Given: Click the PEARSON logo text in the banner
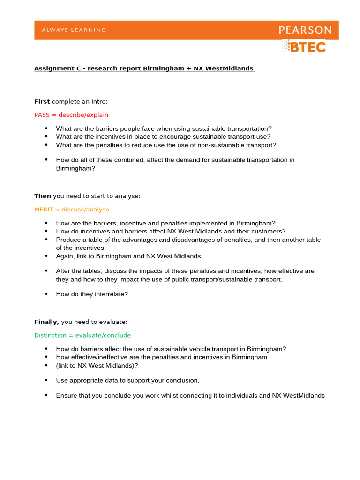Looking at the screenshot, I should [305, 30].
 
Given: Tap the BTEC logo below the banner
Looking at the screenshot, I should [304, 46].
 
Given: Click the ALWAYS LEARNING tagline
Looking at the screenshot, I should [74, 30].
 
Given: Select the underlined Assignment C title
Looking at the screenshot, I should [144, 68].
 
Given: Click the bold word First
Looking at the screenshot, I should [42, 101].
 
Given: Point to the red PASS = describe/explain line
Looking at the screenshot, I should [71, 114].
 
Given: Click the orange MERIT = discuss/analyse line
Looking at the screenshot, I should [72, 209].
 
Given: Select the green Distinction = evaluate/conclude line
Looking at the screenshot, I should [82, 335].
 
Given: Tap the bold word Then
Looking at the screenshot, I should [43, 196].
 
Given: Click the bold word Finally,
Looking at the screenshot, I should [47, 322].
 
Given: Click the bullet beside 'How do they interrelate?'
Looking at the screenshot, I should [46, 294].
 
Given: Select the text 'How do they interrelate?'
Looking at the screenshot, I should [92, 294].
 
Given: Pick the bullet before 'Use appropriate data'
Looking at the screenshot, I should [46, 380].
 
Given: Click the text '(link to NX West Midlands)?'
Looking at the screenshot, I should [97, 365].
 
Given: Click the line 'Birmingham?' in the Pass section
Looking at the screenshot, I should [75, 168].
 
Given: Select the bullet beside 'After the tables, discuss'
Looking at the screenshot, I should [46, 270].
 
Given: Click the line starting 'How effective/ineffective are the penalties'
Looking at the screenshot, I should [161, 357].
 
